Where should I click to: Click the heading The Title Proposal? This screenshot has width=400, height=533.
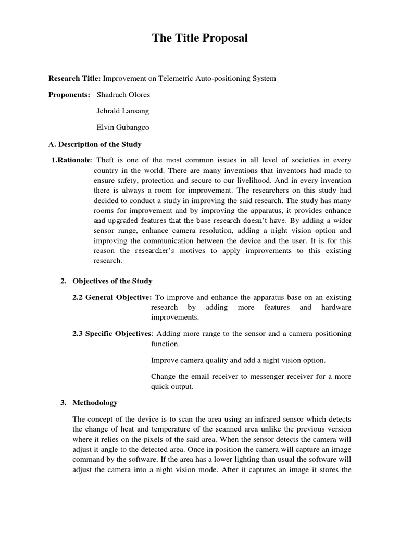(200, 38)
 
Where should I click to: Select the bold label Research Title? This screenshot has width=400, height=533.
(74, 78)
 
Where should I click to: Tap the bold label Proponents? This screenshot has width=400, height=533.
(69, 95)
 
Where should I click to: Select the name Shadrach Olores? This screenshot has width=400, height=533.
(123, 95)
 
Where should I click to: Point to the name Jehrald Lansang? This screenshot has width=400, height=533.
(123, 111)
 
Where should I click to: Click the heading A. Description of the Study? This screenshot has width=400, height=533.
(95, 144)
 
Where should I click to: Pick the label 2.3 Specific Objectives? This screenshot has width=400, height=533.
(111, 333)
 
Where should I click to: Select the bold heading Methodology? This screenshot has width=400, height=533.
(95, 402)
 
